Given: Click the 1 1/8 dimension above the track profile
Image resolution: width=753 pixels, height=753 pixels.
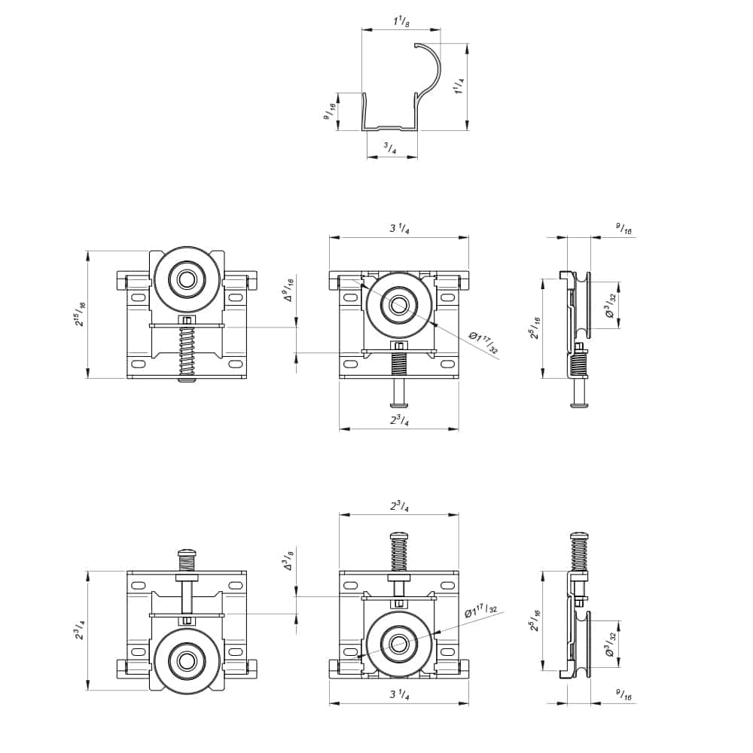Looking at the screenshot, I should [x=401, y=22].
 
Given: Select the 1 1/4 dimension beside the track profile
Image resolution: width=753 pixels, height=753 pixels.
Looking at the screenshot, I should [x=459, y=89].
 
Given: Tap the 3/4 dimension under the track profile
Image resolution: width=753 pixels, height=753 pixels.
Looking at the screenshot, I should [x=390, y=148].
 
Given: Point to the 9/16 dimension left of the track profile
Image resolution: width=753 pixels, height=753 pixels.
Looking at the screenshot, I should [x=329, y=112].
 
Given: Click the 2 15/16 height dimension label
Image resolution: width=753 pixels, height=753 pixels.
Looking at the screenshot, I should [x=80, y=315].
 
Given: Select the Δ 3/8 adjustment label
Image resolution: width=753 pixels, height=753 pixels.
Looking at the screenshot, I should [x=288, y=562].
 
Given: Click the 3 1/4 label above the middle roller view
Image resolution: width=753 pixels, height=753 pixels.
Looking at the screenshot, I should [x=398, y=229].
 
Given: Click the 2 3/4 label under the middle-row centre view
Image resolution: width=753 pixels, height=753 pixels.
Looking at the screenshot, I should [x=399, y=420].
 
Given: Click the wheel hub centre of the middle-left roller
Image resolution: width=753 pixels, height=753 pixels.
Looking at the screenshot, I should [x=185, y=279].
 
